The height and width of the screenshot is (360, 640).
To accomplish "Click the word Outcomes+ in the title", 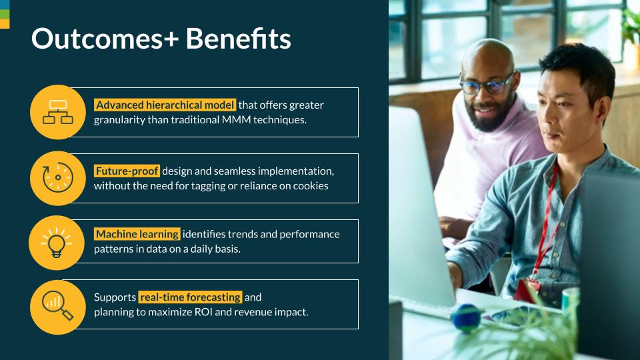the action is [105, 39].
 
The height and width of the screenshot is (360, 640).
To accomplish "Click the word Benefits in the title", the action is [239, 39].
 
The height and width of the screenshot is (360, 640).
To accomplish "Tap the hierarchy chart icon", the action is [58, 112].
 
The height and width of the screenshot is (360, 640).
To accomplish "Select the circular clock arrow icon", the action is [58, 177].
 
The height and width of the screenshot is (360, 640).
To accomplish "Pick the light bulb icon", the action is [56, 243].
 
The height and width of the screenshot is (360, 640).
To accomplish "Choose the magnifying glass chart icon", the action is [57, 305].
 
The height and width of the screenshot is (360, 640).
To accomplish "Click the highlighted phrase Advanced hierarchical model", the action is [165, 105].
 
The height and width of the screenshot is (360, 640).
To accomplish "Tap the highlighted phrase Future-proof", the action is [127, 171].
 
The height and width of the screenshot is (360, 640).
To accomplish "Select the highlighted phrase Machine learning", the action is [137, 234].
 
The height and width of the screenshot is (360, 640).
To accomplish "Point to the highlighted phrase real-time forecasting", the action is [190, 297].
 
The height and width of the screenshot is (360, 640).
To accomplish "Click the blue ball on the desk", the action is [466, 318].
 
